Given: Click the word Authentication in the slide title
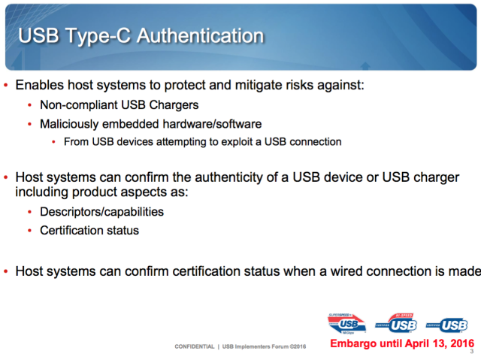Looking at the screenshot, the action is [200, 35].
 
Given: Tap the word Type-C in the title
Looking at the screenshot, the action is [98, 37].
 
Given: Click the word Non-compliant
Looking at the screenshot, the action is [79, 105].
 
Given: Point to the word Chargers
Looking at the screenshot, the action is [174, 105].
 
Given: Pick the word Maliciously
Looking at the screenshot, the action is [69, 124].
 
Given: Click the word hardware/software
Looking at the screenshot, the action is [212, 124].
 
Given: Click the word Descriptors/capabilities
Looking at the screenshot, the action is [102, 212].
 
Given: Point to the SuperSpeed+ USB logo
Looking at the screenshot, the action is [347, 324].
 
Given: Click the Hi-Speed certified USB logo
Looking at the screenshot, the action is [396, 323].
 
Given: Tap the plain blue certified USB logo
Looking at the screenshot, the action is [446, 325].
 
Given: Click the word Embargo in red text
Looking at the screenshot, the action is [353, 343].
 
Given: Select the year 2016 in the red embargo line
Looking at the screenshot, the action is [462, 343].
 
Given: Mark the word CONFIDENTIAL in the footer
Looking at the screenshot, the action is [195, 346].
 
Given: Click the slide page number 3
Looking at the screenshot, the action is [472, 352].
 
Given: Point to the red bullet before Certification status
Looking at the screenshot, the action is [29, 230].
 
